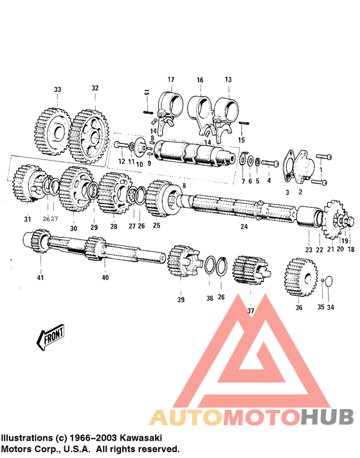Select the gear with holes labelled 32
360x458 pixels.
91,135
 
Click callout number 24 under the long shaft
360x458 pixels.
244,227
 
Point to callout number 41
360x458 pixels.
40,277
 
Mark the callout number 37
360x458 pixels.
250,310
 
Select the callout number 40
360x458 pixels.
105,277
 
